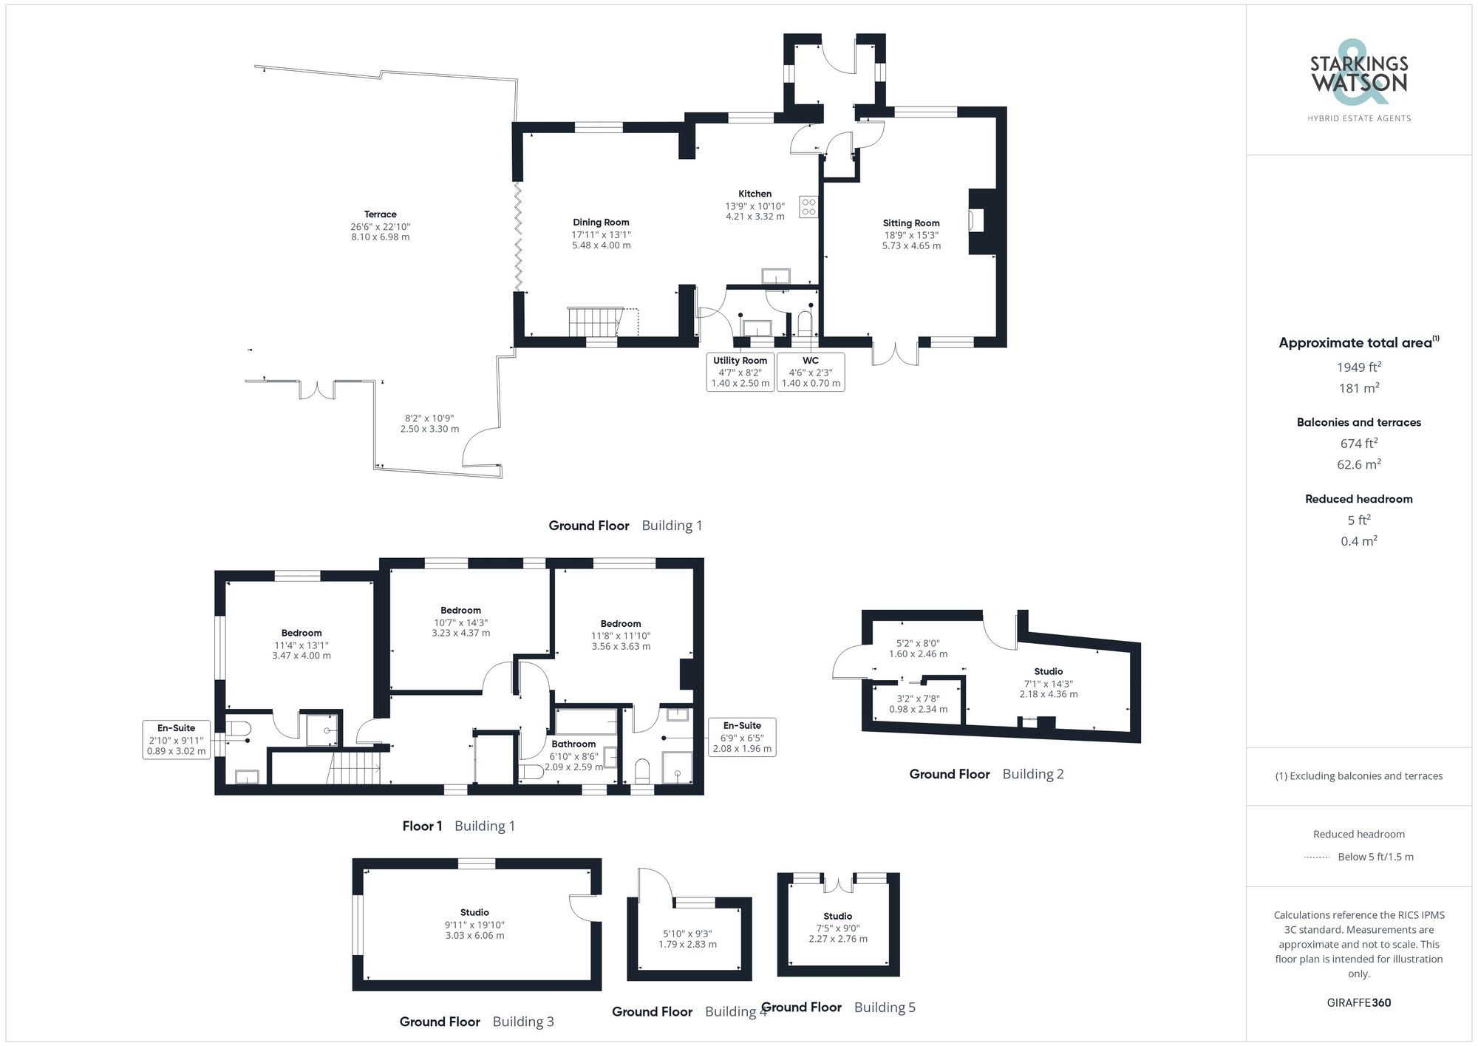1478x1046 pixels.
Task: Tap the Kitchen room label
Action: [x=755, y=194]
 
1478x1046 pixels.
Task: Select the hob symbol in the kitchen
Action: [x=808, y=206]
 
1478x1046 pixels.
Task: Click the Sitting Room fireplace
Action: [x=978, y=221]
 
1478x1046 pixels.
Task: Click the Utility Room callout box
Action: [x=740, y=372]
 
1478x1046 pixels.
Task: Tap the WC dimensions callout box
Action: [x=811, y=372]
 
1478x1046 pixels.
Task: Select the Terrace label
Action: [x=380, y=214]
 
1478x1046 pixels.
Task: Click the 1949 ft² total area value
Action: [x=1358, y=367]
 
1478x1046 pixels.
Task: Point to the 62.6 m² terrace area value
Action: [x=1358, y=464]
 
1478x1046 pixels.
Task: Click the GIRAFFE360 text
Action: [x=1358, y=1002]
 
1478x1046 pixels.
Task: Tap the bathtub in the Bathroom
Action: [x=585, y=720]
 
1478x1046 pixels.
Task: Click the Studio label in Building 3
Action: [x=474, y=912]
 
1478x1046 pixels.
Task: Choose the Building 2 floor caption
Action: [x=986, y=774]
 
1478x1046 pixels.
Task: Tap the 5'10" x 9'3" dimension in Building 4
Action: [x=687, y=934]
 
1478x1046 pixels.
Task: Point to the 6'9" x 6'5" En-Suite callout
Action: [x=742, y=737]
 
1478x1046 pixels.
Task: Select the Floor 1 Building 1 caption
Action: [x=458, y=826]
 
